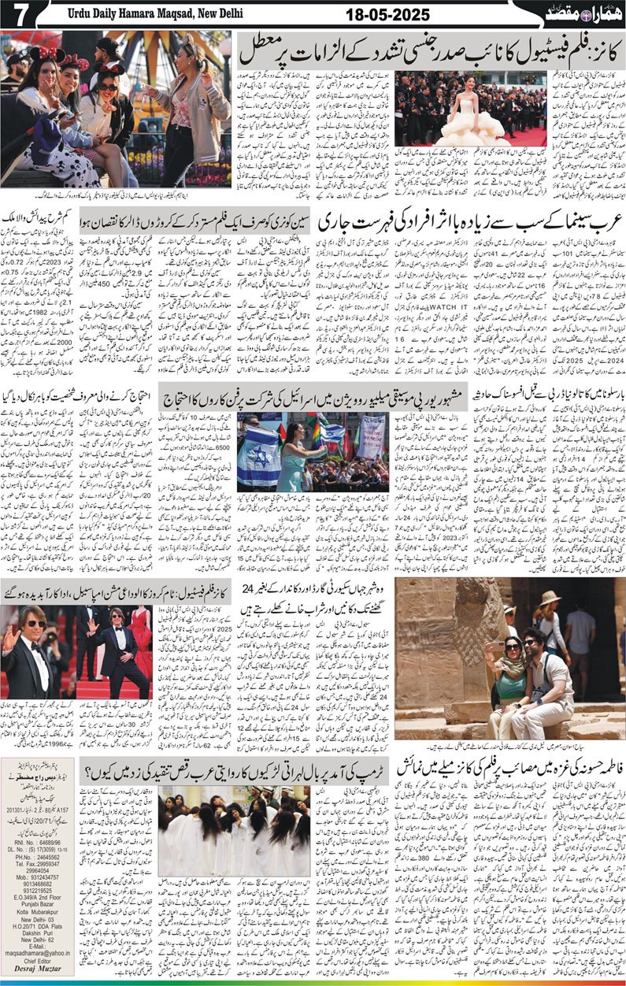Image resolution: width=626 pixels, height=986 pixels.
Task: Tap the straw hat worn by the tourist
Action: point(549,598)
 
